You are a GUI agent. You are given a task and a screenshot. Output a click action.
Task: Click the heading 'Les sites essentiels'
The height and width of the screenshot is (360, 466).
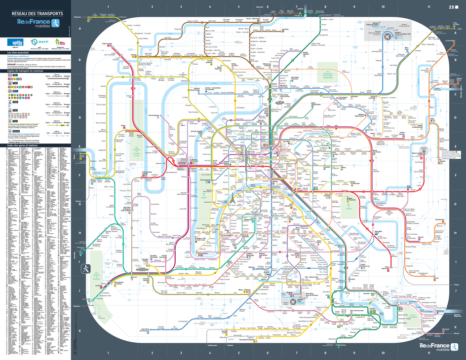tap(18, 52)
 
